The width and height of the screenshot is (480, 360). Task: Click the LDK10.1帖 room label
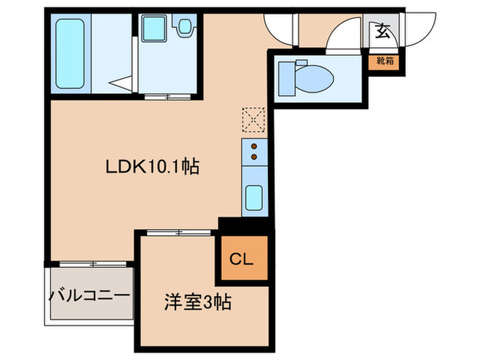pos(152,167)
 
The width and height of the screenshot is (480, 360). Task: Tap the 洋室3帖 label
pos(197,302)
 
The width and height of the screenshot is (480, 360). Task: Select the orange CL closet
pos(241,259)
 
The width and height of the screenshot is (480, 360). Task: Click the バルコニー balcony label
pos(89,296)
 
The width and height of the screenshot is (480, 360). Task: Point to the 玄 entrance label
pos(381,30)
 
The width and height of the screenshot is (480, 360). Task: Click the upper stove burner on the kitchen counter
pos(254,146)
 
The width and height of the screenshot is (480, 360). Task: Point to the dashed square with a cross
pos(253,119)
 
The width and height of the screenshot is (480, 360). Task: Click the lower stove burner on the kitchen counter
pos(254,157)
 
